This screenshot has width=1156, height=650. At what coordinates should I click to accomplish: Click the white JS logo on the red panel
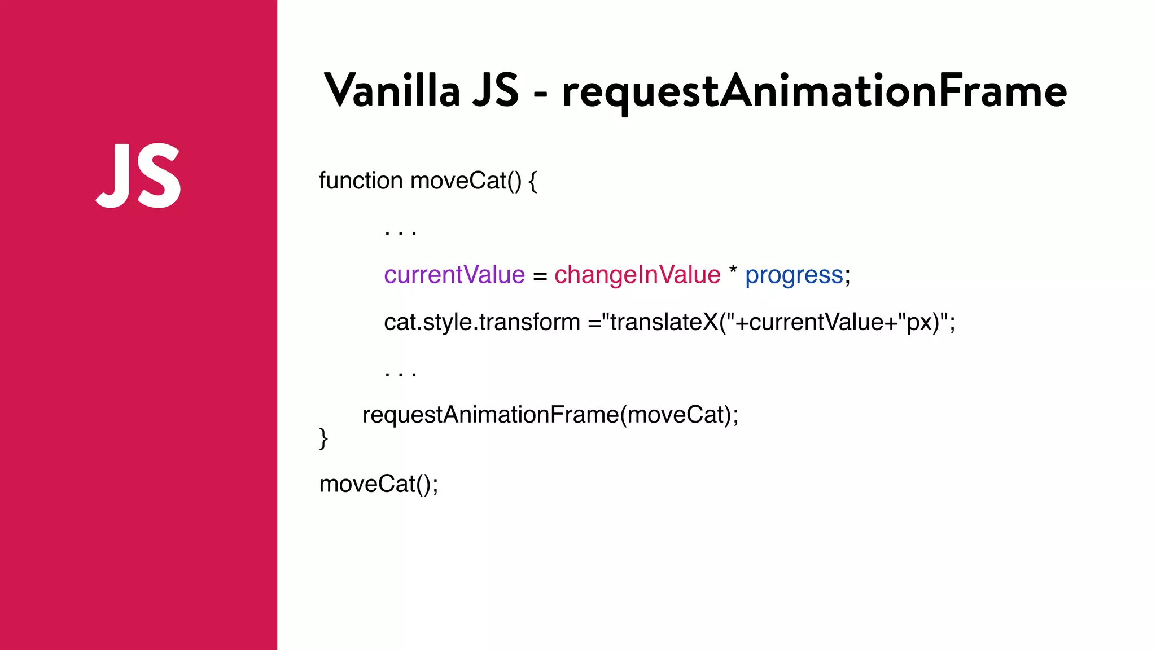click(139, 175)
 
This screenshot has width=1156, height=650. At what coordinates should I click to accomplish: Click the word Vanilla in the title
click(392, 90)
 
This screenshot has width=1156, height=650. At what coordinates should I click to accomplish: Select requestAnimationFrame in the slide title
click(814, 91)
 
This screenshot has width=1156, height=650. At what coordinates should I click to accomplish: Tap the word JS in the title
click(496, 90)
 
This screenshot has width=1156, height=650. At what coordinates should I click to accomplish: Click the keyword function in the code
click(361, 181)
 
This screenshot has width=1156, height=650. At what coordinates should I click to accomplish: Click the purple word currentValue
click(454, 275)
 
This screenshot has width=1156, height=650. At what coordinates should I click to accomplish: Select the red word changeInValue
click(637, 275)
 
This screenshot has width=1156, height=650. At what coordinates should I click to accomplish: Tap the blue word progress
click(794, 275)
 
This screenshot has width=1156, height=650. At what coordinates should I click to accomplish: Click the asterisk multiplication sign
click(733, 270)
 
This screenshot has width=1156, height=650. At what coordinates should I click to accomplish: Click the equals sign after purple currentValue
click(540, 276)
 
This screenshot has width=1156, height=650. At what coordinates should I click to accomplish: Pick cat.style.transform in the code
click(482, 322)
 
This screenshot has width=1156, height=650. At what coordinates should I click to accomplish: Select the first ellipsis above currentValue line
click(400, 232)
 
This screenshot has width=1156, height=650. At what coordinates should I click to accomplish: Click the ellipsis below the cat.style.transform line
click(400, 373)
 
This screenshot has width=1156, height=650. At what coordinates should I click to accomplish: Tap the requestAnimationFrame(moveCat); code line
click(550, 415)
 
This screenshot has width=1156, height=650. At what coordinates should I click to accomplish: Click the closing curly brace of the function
click(323, 438)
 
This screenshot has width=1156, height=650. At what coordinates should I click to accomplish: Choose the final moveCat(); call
click(378, 484)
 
